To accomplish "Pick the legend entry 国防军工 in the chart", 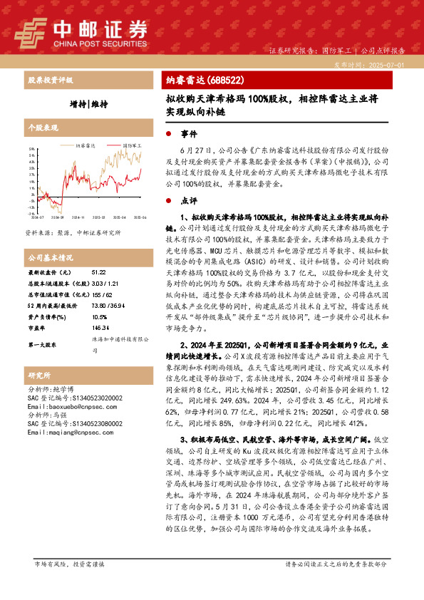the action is [x=130, y=145].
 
